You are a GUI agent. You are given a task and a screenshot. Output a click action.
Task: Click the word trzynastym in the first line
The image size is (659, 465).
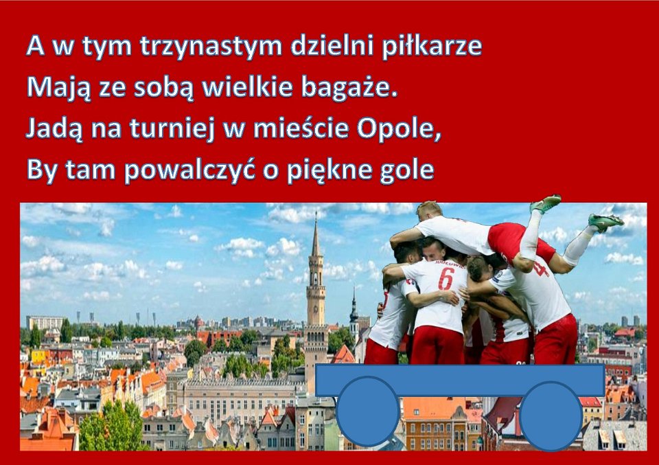[211, 47]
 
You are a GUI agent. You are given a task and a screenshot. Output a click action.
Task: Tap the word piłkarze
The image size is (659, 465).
[432, 46]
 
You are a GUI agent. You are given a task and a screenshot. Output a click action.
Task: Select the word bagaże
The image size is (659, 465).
[349, 87]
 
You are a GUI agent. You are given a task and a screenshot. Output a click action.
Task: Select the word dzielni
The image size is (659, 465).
[332, 46]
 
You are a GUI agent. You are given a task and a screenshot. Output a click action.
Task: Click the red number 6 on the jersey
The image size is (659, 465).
[446, 279]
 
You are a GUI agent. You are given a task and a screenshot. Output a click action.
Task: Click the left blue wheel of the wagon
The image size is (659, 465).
[367, 411]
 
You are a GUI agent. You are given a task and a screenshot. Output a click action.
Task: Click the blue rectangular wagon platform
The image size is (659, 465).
[460, 381]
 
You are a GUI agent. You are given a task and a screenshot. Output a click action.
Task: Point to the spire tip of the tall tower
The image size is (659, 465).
[316, 213]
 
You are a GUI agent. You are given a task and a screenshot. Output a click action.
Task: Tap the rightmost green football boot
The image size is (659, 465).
[605, 222]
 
